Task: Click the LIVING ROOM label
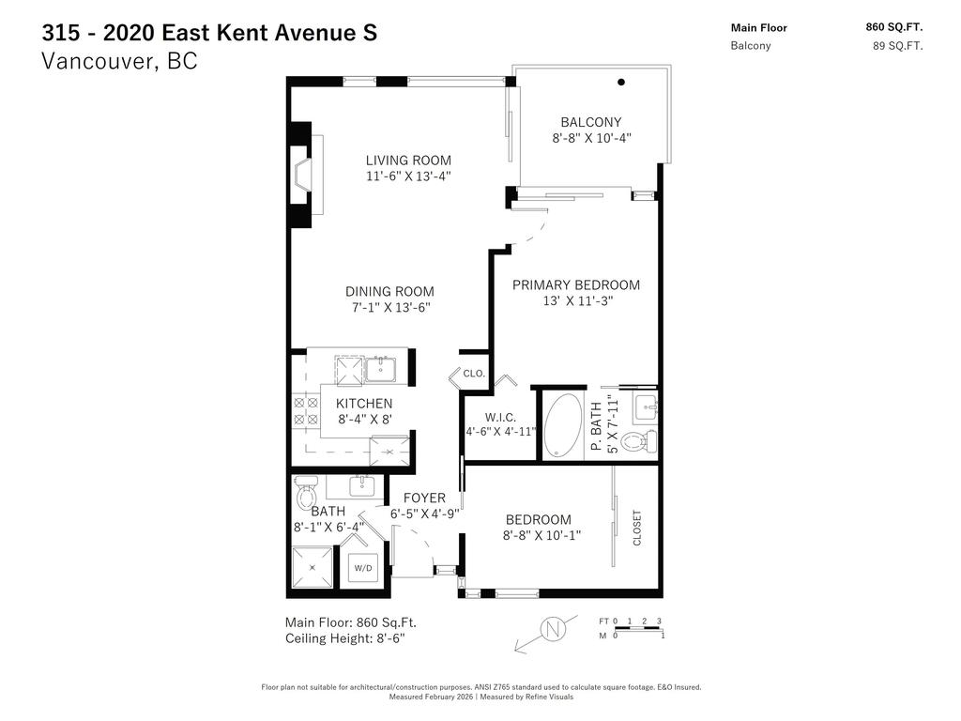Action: (408, 160)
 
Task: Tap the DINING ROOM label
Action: (389, 291)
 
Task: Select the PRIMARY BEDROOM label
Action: (576, 284)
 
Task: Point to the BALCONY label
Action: (590, 122)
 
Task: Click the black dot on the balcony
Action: (620, 83)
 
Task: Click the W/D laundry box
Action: (362, 568)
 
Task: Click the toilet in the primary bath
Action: (638, 441)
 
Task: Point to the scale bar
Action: (638, 628)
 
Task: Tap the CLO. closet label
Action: (474, 374)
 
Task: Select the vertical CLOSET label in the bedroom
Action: (637, 528)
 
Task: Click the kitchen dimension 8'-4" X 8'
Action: (364, 420)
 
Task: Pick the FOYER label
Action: (424, 498)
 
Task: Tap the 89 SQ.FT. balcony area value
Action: (897, 45)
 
